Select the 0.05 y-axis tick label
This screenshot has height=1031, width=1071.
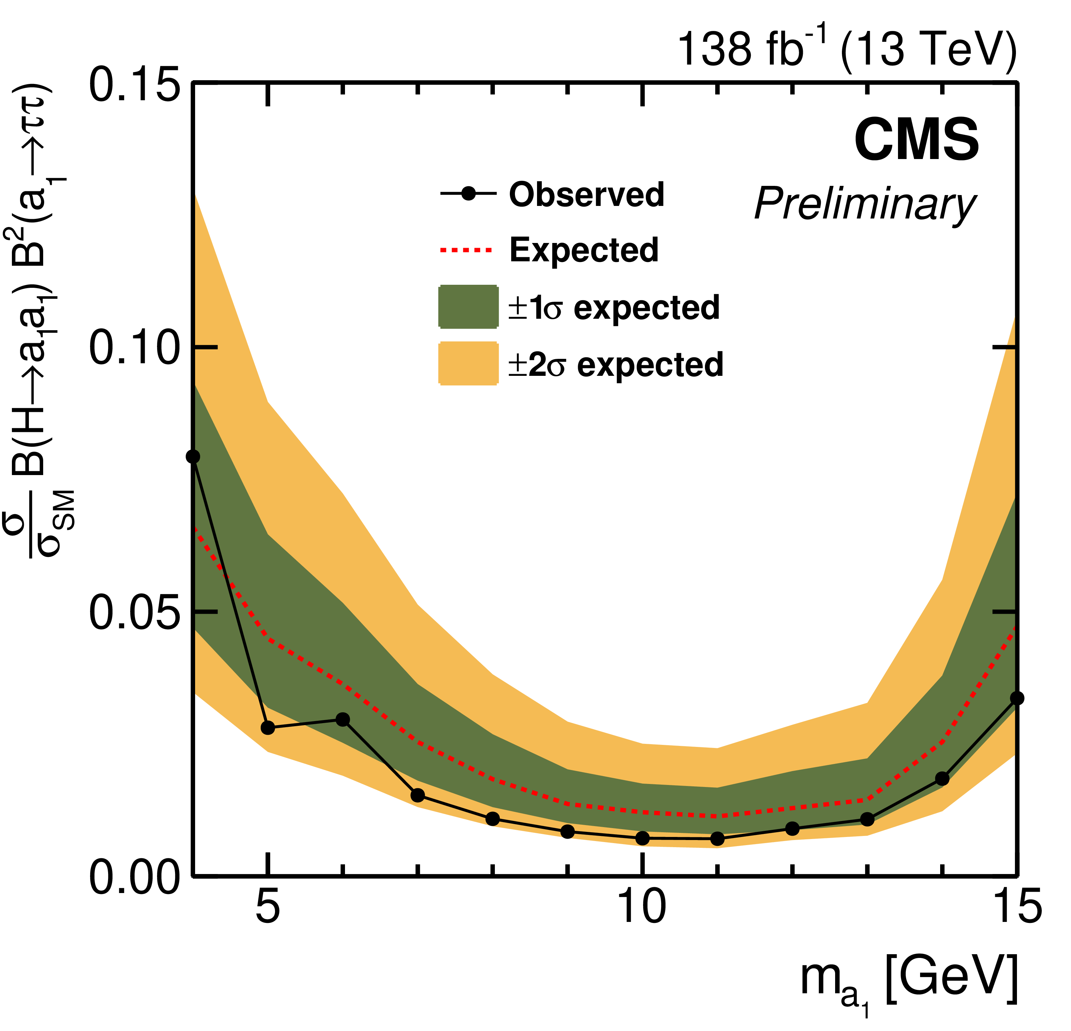coord(134,612)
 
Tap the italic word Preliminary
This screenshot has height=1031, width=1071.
coord(864,204)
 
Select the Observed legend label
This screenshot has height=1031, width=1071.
coord(586,194)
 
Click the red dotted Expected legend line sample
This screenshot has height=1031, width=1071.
coord(466,250)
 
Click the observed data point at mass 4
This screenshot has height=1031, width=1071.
coord(193,457)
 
